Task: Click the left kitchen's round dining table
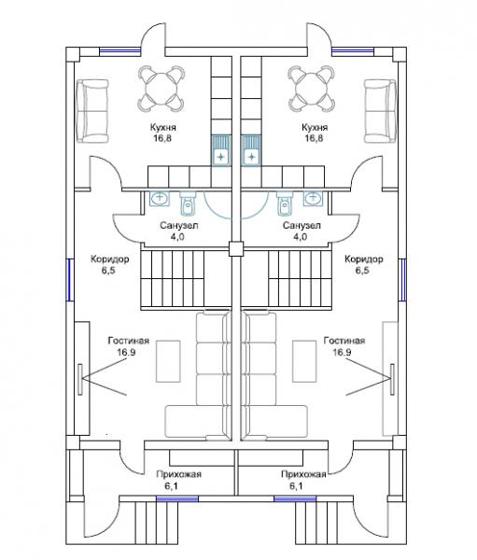pos(161,89)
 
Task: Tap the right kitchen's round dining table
pos(312,89)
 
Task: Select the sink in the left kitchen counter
pos(221,150)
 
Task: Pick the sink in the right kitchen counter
pos(251,150)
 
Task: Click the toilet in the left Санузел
pos(187,203)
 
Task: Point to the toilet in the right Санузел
pos(285,203)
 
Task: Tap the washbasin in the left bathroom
pos(160,198)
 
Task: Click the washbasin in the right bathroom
pos(313,198)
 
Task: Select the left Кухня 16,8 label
pos(163,133)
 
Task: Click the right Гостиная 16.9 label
pos(344,346)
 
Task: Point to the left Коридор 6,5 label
pos(109,264)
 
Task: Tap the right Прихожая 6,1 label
pos(303,480)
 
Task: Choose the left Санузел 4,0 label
pos(178,231)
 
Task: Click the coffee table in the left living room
pos(168,360)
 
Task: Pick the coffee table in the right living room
pos(304,360)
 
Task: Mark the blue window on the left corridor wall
pos(70,279)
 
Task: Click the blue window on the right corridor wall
pos(402,279)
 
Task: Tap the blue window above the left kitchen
pos(120,51)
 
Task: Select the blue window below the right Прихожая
pos(295,498)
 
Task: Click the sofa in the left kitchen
pos(92,111)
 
